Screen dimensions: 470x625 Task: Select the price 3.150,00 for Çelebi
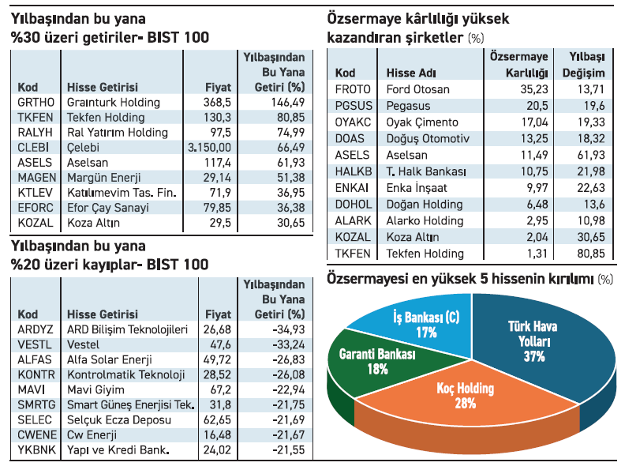[x=210, y=147]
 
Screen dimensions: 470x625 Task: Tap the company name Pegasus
[x=409, y=106]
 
